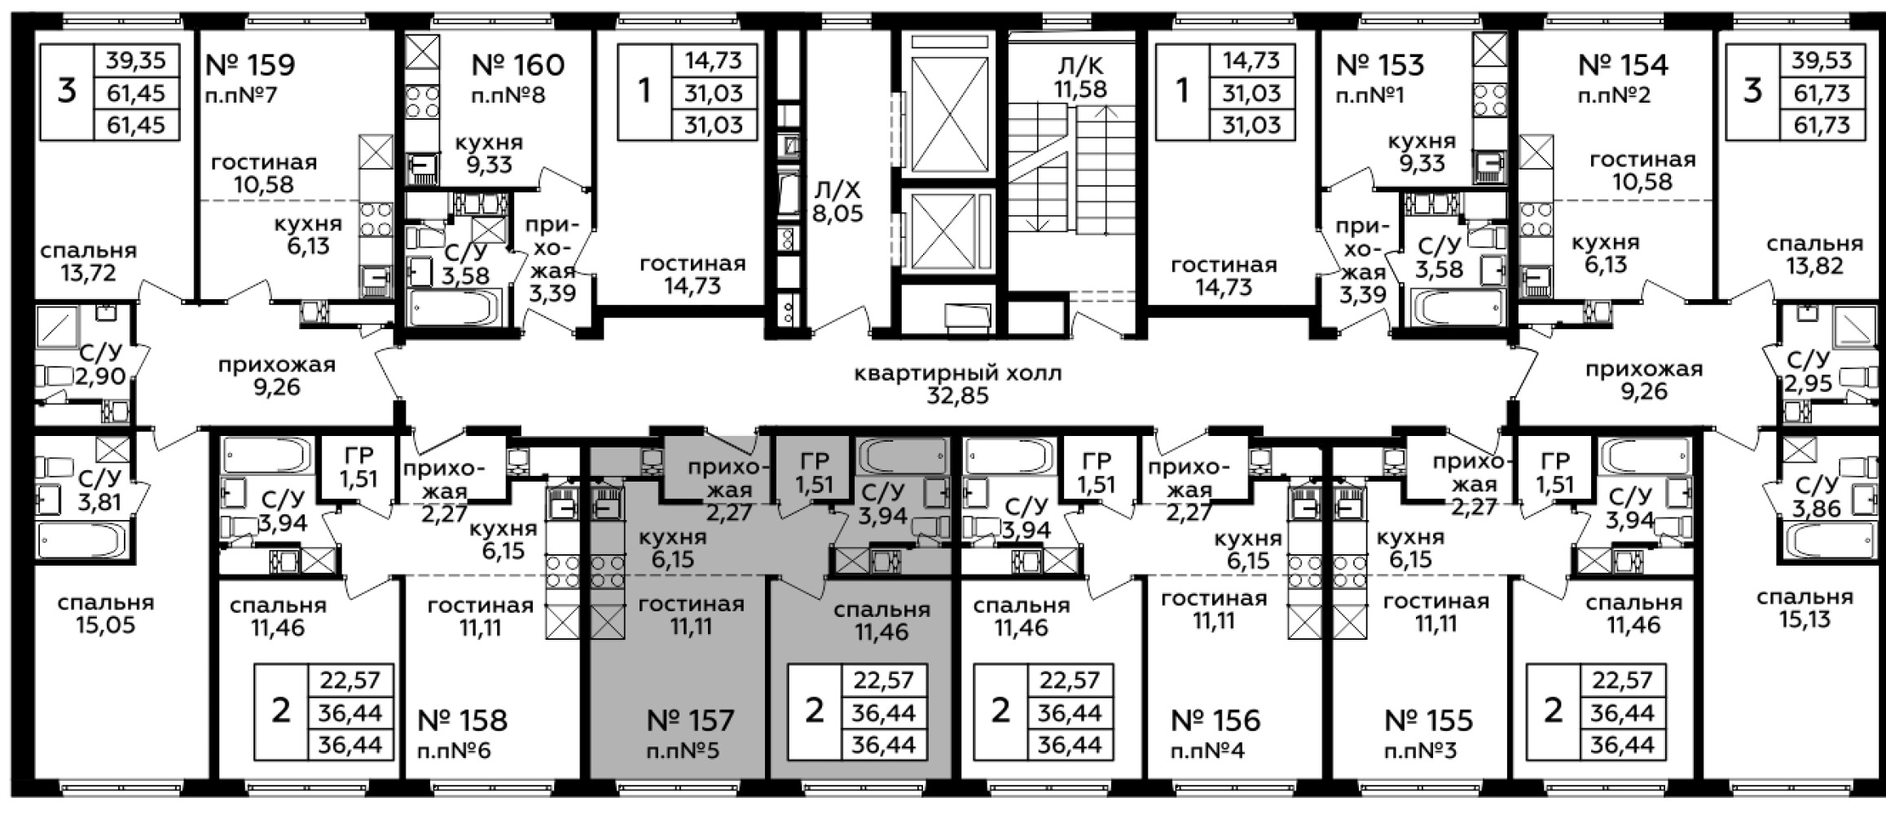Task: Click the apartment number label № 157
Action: tap(690, 720)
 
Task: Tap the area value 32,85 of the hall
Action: tap(957, 396)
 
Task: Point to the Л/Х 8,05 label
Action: tap(837, 202)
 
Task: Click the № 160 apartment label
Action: tap(518, 64)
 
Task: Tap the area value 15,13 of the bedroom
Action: tap(1805, 619)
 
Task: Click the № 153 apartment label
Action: tap(1380, 64)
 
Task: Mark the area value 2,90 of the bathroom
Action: tap(100, 376)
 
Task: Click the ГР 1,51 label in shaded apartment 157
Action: tap(815, 473)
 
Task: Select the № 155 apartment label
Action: tap(1429, 720)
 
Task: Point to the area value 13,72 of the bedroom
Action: tap(88, 272)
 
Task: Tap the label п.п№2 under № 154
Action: tap(1614, 95)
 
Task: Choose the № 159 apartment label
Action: tap(251, 64)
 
